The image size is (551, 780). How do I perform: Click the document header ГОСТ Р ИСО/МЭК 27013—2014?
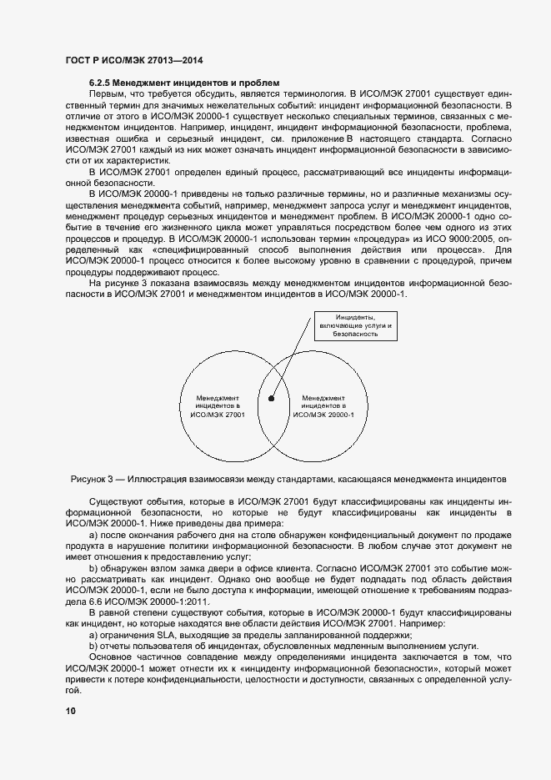[134, 61]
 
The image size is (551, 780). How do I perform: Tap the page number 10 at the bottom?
[71, 711]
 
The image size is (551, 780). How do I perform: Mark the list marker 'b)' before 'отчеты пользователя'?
[93, 646]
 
